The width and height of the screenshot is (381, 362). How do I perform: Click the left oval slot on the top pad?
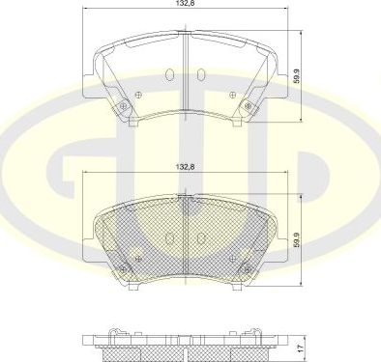(170, 75)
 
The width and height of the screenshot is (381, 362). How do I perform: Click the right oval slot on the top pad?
(198, 75)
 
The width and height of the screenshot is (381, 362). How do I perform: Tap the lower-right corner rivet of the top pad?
(248, 106)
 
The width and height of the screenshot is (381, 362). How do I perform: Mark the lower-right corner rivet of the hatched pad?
(247, 269)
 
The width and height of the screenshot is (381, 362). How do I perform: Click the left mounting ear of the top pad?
(94, 73)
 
